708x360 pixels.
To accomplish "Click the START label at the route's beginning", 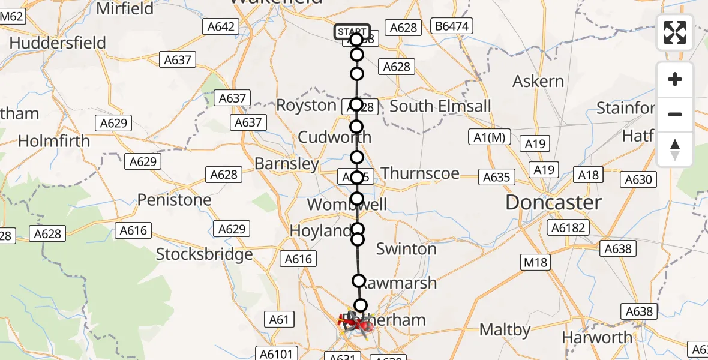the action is click(352, 32).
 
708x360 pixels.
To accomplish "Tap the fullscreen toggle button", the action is click(675, 32).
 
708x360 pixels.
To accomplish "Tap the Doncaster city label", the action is click(553, 203).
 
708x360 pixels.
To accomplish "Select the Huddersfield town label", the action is click(58, 43).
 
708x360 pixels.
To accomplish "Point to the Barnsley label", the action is click(287, 164).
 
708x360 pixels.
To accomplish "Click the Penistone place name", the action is click(175, 200).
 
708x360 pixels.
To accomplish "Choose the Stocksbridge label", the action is click(205, 254).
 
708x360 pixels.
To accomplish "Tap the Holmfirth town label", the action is click(54, 141).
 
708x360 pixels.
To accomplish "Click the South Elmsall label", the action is click(440, 106).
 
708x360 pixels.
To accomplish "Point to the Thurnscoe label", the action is click(420, 173).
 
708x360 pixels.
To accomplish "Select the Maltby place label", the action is click(505, 329).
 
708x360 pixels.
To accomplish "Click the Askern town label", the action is click(539, 82).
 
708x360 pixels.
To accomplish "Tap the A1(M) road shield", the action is click(489, 138).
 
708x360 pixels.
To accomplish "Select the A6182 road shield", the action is click(567, 227).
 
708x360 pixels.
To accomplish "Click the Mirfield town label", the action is click(125, 8).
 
